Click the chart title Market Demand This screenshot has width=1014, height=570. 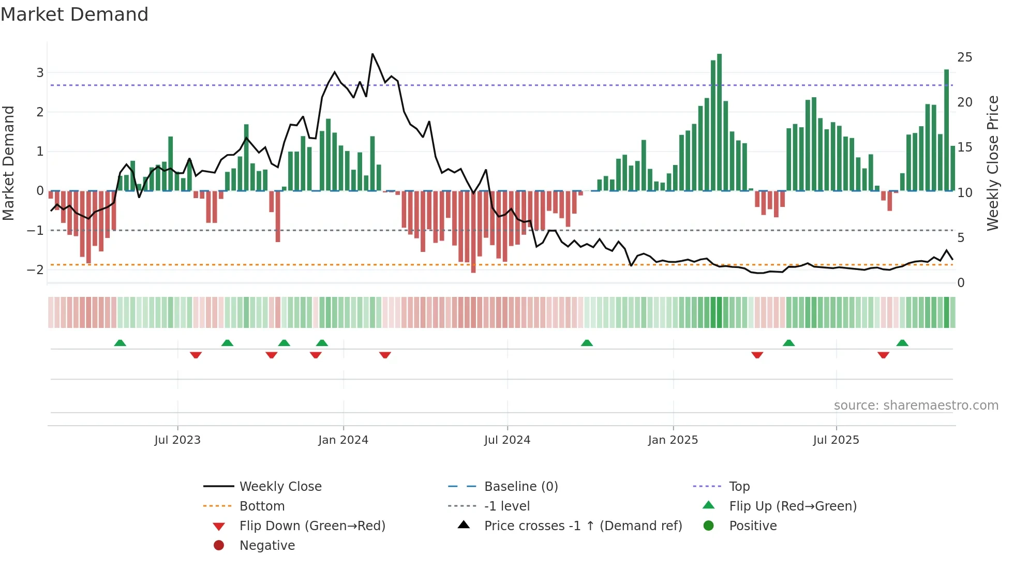pyautogui.click(x=74, y=14)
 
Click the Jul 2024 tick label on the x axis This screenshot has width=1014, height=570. pyautogui.click(x=507, y=440)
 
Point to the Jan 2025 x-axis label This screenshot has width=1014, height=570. pyautogui.click(x=673, y=440)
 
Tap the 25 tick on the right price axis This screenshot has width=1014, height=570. pyautogui.click(x=964, y=57)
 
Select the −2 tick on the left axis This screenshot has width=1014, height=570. pyautogui.click(x=35, y=269)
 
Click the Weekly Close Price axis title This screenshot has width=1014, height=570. pyautogui.click(x=992, y=163)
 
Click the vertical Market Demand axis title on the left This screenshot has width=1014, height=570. pyautogui.click(x=9, y=163)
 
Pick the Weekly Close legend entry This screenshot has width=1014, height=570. pyautogui.click(x=280, y=486)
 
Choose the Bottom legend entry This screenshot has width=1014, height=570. pyautogui.click(x=262, y=506)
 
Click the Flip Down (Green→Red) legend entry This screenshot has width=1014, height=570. pyautogui.click(x=312, y=526)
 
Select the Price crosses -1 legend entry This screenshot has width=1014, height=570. pyautogui.click(x=583, y=526)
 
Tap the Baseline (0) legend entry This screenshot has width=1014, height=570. pyautogui.click(x=520, y=486)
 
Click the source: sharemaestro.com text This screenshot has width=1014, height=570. pyautogui.click(x=916, y=405)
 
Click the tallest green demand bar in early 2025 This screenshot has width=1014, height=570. pyautogui.click(x=719, y=122)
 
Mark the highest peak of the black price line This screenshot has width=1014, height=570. pyautogui.click(x=372, y=54)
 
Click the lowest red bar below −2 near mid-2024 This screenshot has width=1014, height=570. pyautogui.click(x=473, y=232)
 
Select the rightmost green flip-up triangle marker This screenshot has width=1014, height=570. pyautogui.click(x=902, y=343)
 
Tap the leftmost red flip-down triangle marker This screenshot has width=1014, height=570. pyautogui.click(x=196, y=355)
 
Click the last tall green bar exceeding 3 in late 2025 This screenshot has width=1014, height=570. pyautogui.click(x=946, y=129)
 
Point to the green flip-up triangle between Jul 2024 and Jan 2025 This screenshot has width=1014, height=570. pyautogui.click(x=587, y=343)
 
